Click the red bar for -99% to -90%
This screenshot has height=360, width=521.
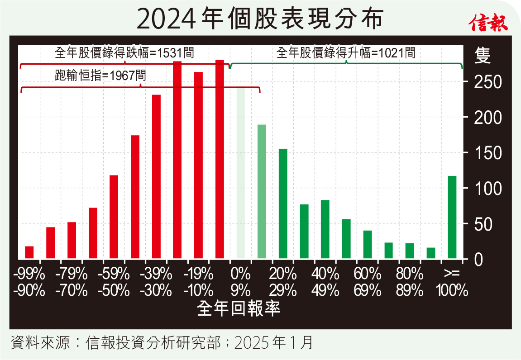point(29,252)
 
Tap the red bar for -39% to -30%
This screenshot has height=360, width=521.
point(156,176)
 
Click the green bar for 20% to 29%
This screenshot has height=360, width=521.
point(283,204)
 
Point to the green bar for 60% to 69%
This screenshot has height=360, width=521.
point(368,245)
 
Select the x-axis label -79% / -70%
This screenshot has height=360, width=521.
point(72,282)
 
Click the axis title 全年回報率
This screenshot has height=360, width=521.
point(239,308)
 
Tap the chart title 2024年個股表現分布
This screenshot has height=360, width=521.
point(260,19)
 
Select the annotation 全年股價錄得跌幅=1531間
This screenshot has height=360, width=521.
point(124,53)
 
